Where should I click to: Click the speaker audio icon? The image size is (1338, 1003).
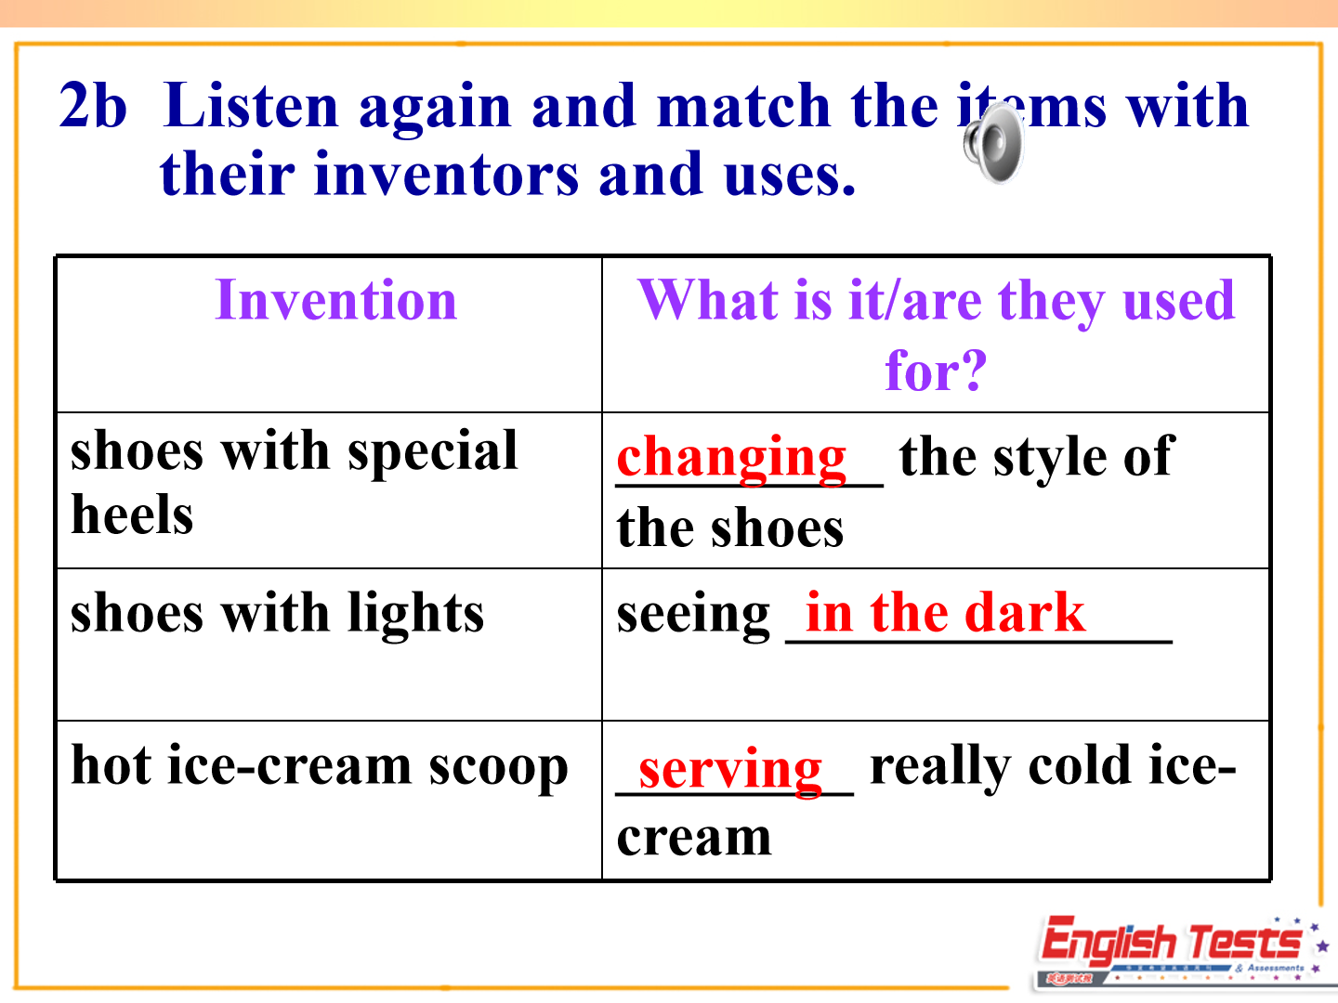click(x=994, y=143)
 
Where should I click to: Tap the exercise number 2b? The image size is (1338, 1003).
click(x=93, y=105)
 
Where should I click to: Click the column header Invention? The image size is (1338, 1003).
click(x=335, y=300)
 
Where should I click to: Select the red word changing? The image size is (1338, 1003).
click(x=731, y=459)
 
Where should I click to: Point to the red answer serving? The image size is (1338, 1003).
click(x=730, y=771)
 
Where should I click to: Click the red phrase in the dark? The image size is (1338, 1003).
click(x=945, y=612)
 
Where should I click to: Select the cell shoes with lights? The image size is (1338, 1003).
click(x=277, y=615)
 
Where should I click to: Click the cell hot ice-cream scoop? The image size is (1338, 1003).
click(x=320, y=767)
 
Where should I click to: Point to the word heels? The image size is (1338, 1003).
click(x=132, y=515)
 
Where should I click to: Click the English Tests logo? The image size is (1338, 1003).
click(x=1179, y=952)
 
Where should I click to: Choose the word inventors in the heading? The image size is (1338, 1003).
click(x=446, y=175)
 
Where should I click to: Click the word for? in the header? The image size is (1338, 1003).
click(x=936, y=371)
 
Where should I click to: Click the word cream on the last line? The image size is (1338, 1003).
click(x=694, y=840)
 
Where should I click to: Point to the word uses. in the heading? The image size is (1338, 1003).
click(x=791, y=176)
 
